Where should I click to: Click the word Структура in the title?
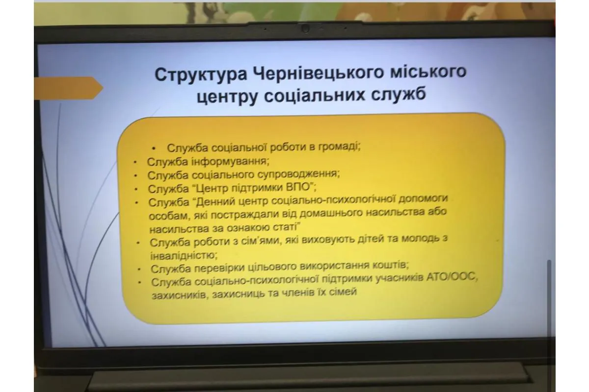pyautogui.click(x=201, y=75)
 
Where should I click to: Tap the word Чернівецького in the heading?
pyautogui.click(x=319, y=73)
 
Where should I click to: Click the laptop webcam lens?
pyautogui.click(x=305, y=28)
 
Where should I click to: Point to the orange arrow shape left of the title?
pyautogui.click(x=68, y=88)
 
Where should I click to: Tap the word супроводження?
pyautogui.click(x=298, y=174)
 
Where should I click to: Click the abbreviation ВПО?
pyautogui.click(x=298, y=187)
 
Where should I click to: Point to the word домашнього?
pyautogui.click(x=331, y=213)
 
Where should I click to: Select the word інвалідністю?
pyautogui.click(x=184, y=255)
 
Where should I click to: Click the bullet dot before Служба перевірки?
pyautogui.click(x=139, y=269)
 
